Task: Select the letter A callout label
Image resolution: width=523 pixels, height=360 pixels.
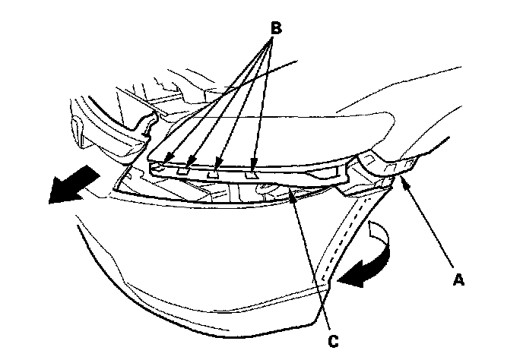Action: click(458, 279)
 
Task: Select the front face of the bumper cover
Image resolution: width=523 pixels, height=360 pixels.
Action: click(205, 251)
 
